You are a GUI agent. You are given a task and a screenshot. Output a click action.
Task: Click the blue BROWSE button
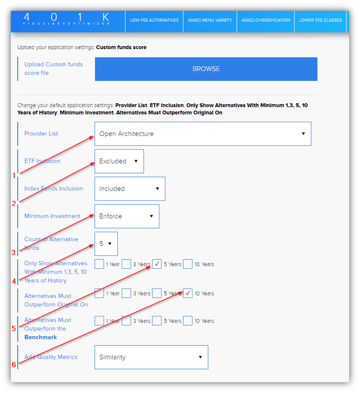tap(205, 69)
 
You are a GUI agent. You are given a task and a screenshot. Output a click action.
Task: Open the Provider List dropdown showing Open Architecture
tap(202, 134)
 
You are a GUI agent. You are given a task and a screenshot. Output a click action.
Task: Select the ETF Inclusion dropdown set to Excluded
tap(119, 161)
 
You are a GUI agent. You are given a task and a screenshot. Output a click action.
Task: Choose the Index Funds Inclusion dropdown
tap(130, 189)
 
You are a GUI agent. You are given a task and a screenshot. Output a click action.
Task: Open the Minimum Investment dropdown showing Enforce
tap(126, 216)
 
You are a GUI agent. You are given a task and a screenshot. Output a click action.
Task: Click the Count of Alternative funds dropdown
tap(106, 244)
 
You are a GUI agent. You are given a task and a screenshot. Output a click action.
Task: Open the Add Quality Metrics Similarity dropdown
tap(151, 357)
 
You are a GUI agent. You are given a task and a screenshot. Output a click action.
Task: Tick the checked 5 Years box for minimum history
tap(157, 264)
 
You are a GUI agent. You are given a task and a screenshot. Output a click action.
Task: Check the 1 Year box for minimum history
tap(99, 264)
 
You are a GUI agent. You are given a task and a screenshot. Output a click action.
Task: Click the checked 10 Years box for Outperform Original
tap(188, 293)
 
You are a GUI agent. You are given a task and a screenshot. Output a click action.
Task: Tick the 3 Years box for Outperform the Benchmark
tap(126, 321)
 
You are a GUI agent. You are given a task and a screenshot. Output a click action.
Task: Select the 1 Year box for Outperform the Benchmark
tap(99, 321)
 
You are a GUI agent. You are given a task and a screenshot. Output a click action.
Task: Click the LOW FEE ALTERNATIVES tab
tap(154, 20)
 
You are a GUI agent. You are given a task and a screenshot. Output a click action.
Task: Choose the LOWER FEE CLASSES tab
tap(320, 20)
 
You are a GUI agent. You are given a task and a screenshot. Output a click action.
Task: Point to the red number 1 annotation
tap(14, 175)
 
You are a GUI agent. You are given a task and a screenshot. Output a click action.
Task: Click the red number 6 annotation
tap(14, 365)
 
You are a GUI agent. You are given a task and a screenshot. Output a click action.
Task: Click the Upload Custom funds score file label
tap(53, 68)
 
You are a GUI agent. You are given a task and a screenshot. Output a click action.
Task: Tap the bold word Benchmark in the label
tap(41, 337)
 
